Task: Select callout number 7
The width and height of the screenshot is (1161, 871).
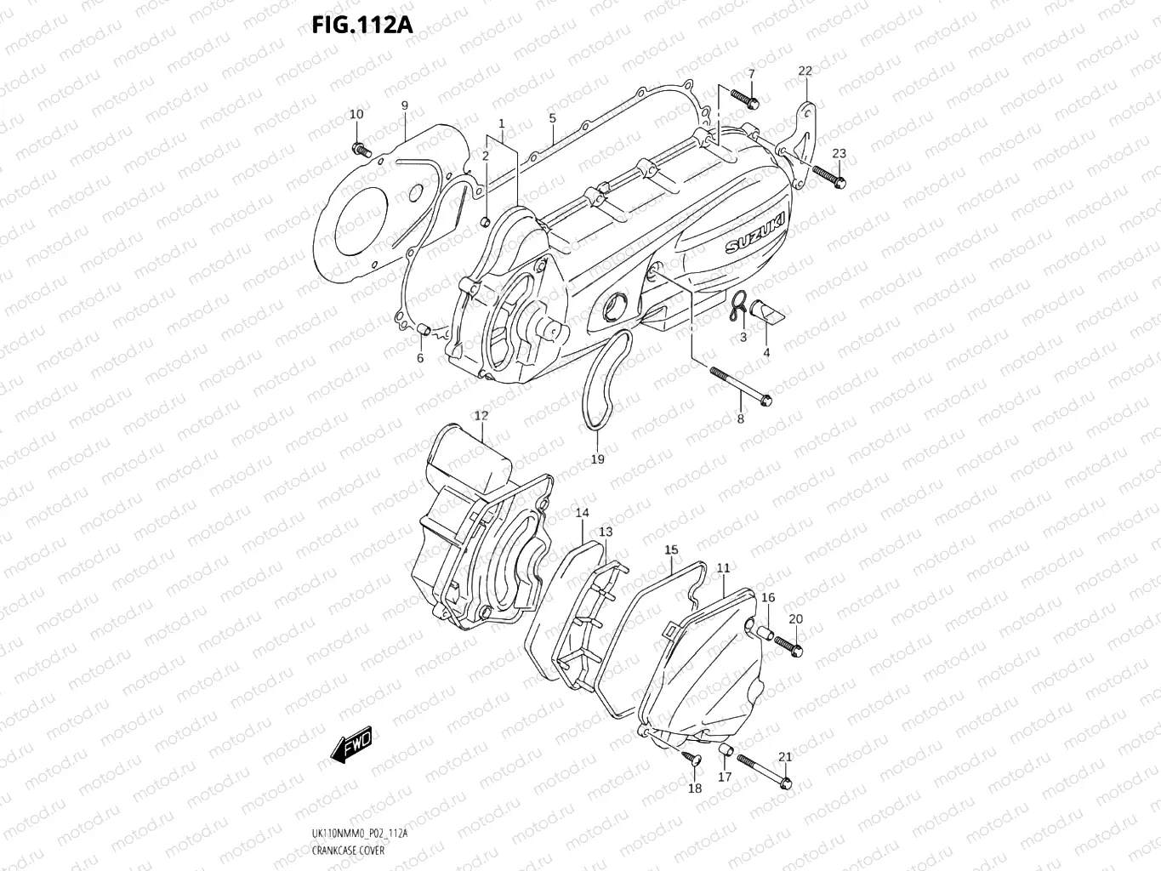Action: coord(751,74)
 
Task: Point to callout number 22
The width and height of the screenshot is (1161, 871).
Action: coord(805,71)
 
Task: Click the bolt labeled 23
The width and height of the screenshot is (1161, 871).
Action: coord(827,176)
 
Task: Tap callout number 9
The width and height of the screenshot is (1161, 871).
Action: coord(405,105)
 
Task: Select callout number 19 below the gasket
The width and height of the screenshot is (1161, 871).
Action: coord(597,458)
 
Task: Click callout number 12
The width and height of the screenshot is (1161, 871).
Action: coord(481,415)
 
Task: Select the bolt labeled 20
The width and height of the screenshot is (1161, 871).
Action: coord(788,646)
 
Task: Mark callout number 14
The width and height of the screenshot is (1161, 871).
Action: coord(582,513)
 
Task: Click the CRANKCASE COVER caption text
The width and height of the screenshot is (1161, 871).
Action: coord(349,851)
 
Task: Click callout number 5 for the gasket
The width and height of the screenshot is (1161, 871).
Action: coord(552,118)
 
